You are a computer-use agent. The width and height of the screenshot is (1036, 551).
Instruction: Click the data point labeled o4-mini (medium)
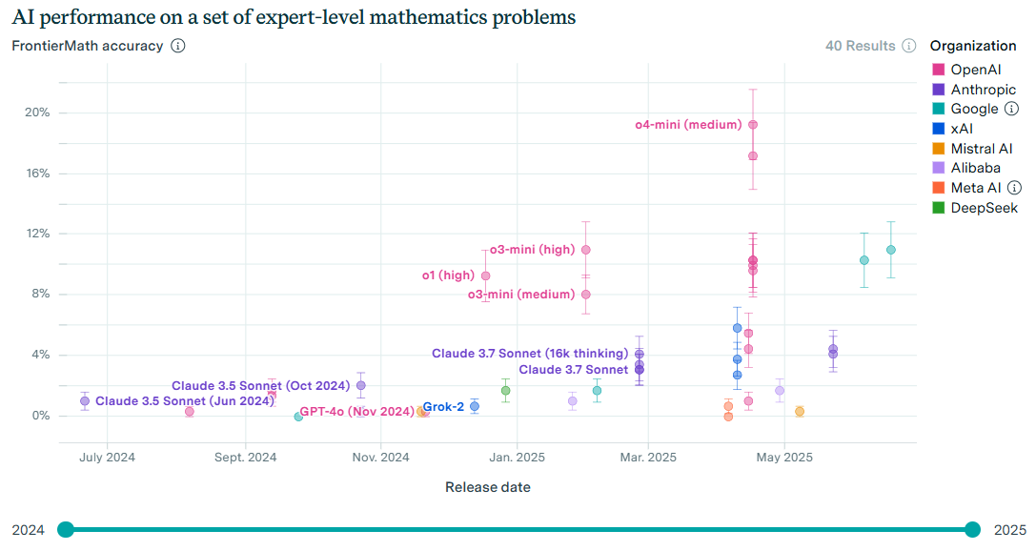coord(753,125)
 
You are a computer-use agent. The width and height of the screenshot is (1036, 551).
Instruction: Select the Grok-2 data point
coord(475,406)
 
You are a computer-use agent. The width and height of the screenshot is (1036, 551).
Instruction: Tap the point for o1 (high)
coord(486,275)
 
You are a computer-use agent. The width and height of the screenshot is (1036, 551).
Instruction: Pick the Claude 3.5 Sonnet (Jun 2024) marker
coord(85,401)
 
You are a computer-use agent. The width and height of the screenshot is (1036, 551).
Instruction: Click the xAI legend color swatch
coord(938,129)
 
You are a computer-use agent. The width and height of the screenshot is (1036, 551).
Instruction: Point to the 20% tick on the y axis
coord(37,112)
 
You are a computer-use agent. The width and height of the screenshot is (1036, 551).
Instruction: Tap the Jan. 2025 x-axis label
coord(518,458)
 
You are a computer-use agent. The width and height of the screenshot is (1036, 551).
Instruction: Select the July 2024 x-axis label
coord(107,458)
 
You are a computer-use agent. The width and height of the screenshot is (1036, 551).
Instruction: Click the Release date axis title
coord(488,487)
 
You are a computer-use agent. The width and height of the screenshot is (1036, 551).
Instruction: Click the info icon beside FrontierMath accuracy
coord(178,46)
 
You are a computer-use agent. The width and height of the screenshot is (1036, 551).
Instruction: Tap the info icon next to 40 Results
coord(909,46)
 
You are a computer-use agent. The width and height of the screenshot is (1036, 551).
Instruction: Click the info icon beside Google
coord(1012,109)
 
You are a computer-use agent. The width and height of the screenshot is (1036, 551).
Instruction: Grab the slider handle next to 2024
coord(66,530)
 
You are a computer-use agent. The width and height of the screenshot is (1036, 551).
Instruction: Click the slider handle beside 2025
coord(972,530)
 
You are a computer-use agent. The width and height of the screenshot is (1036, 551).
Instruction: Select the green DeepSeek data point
coord(506,390)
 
